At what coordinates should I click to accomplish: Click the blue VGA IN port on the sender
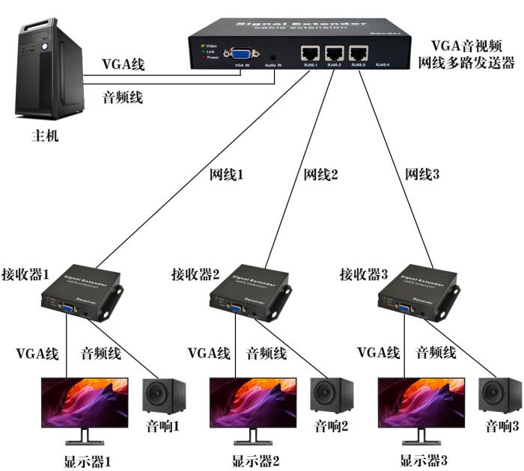(x=241, y=54)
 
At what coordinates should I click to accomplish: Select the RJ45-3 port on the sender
(x=360, y=54)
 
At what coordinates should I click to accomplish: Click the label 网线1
(x=226, y=176)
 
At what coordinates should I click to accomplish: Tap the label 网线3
(x=423, y=176)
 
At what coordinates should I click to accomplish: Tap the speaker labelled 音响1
(x=163, y=396)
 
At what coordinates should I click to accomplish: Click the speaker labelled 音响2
(x=332, y=396)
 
